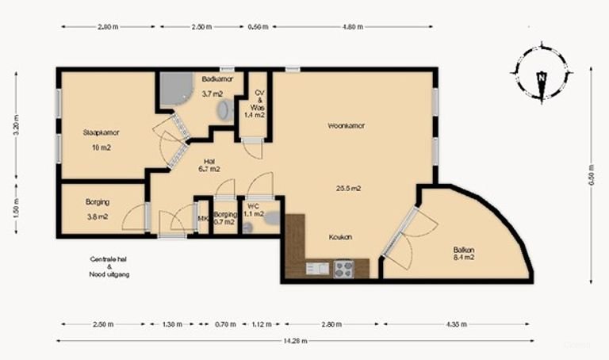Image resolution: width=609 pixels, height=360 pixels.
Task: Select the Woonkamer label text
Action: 346,125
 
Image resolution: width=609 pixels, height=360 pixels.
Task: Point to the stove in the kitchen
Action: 343,268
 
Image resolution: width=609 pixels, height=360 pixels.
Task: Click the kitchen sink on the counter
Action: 317,269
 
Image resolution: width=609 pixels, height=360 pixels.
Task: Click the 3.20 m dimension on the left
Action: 15,126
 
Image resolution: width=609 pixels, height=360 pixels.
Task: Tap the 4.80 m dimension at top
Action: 352,27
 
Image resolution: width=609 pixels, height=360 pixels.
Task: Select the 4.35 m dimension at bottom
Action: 455,324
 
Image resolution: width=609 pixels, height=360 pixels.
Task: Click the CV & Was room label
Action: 259,104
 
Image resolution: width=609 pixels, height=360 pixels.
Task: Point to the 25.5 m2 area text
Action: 349,188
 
